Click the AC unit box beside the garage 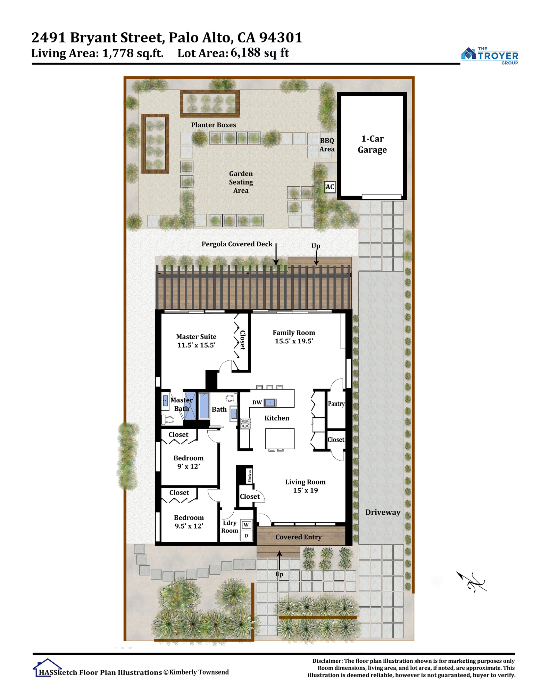click(330, 187)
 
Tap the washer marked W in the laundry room click(246, 525)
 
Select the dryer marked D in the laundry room click(246, 535)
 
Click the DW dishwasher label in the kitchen click(257, 402)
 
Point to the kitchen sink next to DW click(270, 402)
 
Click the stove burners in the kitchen click(245, 424)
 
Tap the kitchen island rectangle click(280, 439)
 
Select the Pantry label click(336, 404)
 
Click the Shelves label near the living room click(249, 476)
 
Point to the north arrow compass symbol click(471, 581)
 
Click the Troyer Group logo click(490, 56)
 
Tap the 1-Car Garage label click(372, 144)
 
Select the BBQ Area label click(327, 145)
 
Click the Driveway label click(383, 512)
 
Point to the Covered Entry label click(299, 537)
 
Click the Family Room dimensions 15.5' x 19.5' click(294, 341)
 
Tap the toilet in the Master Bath click(168, 419)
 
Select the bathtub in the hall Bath click(204, 406)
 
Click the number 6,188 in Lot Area click(245, 52)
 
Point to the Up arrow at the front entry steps click(279, 560)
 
